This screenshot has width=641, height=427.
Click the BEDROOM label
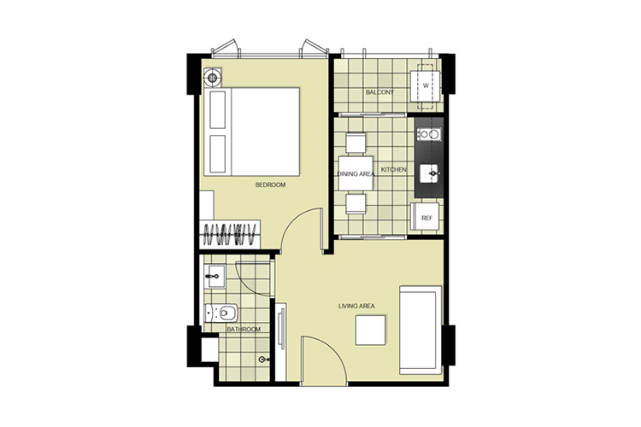[270, 184]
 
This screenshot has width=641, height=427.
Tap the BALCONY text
[379, 92]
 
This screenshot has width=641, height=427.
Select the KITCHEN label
[394, 169]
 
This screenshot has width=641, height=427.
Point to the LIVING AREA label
[356, 306]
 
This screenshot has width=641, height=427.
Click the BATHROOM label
[244, 329]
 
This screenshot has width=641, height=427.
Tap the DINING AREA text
[356, 173]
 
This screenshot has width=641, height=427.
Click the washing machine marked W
[426, 86]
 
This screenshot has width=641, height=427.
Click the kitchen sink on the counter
[431, 173]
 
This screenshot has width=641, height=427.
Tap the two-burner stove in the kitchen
[429, 134]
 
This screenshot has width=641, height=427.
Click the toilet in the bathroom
[221, 313]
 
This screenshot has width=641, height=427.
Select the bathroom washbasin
[215, 277]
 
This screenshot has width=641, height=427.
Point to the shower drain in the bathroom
[262, 360]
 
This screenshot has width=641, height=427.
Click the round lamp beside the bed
[212, 77]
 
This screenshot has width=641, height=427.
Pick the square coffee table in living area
[370, 330]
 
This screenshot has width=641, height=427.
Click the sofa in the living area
[420, 330]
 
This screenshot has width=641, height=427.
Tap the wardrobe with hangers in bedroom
[230, 234]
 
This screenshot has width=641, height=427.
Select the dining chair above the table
[356, 143]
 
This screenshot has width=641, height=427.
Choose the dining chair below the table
[356, 204]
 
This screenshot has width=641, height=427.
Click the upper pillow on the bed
[217, 110]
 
